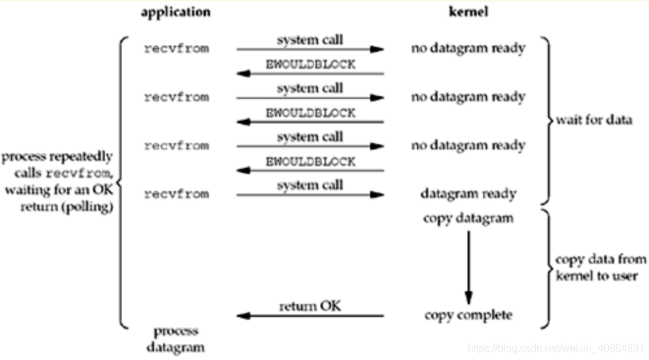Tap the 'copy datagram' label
468,218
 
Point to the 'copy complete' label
468,315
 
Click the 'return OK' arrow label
310,305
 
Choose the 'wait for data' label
594,120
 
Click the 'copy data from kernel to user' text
600,266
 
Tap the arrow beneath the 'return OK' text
310,316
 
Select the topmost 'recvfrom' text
176,48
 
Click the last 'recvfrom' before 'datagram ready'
176,194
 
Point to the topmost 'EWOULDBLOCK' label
310,64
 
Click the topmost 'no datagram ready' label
468,48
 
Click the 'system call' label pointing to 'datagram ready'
310,185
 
